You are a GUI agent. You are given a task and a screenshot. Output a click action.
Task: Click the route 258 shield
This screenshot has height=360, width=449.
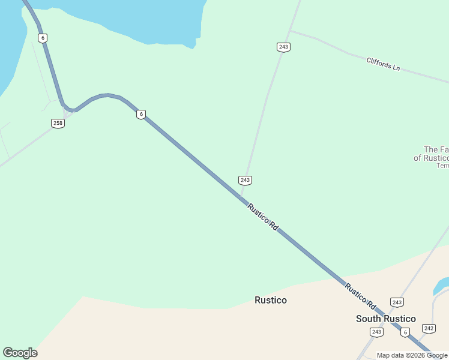click(58, 123)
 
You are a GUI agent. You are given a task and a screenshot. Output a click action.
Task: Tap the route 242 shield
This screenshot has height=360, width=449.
click(429, 328)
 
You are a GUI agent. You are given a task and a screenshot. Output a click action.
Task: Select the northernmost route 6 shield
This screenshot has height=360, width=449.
click(42, 38)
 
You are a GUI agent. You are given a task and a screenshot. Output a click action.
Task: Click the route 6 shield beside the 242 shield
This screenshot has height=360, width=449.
click(406, 332)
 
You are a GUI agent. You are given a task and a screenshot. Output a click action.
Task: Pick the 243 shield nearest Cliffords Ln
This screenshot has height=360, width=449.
click(284, 47)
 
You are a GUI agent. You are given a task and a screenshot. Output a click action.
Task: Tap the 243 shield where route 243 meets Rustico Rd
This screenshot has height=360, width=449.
click(244, 180)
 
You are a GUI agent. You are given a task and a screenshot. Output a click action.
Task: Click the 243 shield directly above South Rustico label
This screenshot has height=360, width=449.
click(396, 302)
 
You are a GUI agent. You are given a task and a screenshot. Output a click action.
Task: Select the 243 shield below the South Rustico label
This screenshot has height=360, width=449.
click(376, 332)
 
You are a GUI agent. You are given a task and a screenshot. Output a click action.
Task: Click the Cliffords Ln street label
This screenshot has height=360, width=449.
click(383, 64)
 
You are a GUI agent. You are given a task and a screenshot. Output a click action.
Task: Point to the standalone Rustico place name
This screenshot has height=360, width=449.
click(271, 300)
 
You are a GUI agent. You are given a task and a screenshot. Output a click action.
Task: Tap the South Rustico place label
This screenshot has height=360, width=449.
click(385, 319)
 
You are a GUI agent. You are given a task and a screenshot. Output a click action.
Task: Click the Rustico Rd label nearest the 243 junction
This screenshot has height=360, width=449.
click(263, 217)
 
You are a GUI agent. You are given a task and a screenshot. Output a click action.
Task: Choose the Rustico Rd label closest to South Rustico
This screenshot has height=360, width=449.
click(360, 295)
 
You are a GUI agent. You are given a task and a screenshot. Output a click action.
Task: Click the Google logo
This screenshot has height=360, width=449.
click(20, 353)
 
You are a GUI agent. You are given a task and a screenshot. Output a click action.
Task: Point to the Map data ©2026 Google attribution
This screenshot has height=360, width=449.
click(412, 355)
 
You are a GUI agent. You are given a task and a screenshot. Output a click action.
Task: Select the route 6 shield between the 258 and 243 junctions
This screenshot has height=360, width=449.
click(140, 114)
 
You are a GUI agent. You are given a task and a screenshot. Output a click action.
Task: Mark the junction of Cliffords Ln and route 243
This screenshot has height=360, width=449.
click(290, 31)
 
